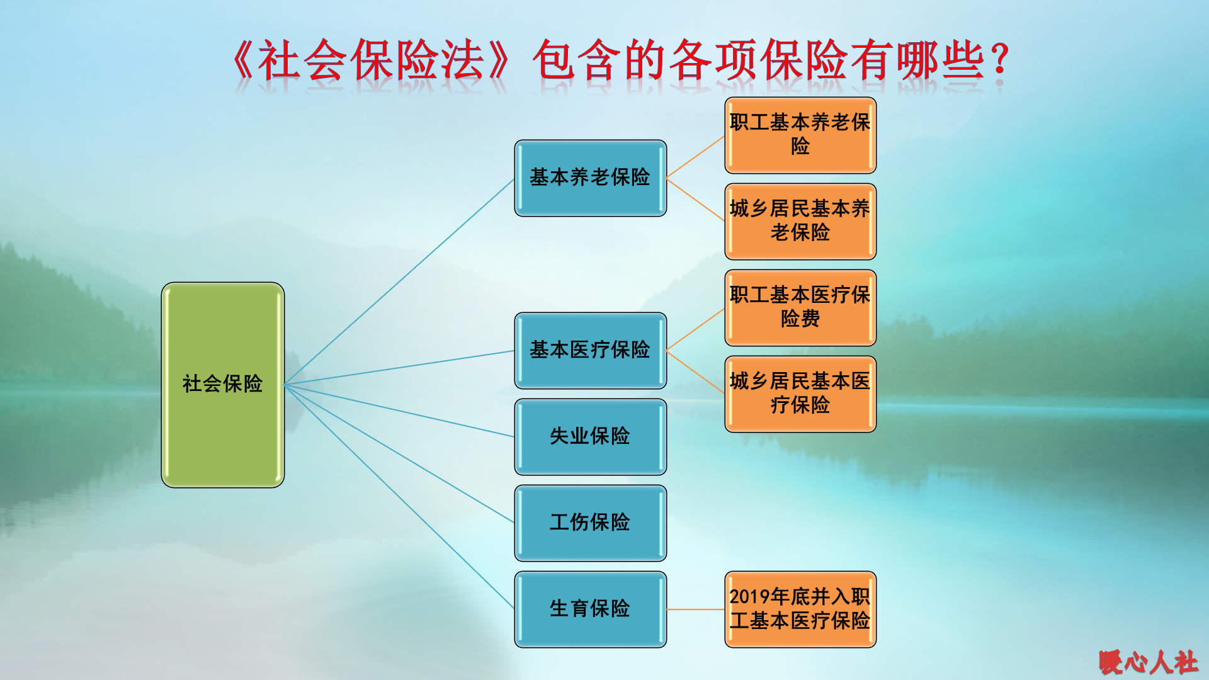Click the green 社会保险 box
pos(223,384)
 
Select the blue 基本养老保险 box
pos(590,178)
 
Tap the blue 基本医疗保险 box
pos(590,351)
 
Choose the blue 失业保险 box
pos(590,436)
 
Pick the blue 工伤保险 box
pos(590,523)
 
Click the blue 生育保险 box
pos(590,609)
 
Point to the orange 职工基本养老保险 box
pos(800,135)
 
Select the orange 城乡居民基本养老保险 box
pos(800,221)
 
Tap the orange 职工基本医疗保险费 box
pos(800,307)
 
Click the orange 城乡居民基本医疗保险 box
pos(800,394)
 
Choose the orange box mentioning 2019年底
pos(800,609)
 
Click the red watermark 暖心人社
pos(1148,662)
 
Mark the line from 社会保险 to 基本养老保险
pos(399,281)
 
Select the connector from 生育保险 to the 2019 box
pos(695,609)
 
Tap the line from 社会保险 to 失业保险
pos(399,411)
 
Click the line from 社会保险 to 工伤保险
pos(399,453)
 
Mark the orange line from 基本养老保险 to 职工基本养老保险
pos(695,157)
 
